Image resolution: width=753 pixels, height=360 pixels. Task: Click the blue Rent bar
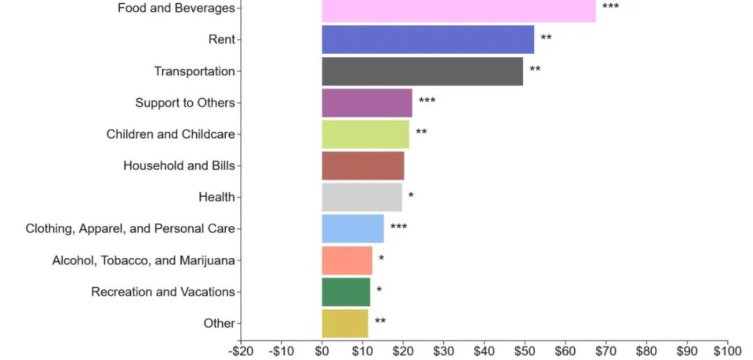pos(428,39)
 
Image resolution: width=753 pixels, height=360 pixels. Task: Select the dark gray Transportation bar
pos(422,71)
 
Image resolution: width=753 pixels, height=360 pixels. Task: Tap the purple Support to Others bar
pos(367,103)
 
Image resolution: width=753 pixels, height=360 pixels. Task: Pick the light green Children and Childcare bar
pos(365,134)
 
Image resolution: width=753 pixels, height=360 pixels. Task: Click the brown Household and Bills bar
pos(363,166)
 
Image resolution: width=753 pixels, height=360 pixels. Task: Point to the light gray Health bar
pos(362,197)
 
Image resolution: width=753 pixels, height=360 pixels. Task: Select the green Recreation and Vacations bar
pos(346,292)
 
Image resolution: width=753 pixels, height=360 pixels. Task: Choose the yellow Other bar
pos(345,324)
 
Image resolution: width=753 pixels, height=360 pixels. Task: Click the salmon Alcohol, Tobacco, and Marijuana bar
pos(347,260)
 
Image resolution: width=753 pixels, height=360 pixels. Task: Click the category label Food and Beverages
pos(176,8)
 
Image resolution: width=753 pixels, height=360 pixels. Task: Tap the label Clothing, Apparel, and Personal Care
pos(130,229)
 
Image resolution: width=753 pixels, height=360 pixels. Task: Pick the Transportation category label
pos(195,71)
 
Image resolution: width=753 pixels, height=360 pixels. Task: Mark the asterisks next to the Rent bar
pos(546,37)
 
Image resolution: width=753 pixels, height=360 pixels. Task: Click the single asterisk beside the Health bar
pos(411,195)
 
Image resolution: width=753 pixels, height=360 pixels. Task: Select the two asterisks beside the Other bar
pos(380,321)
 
